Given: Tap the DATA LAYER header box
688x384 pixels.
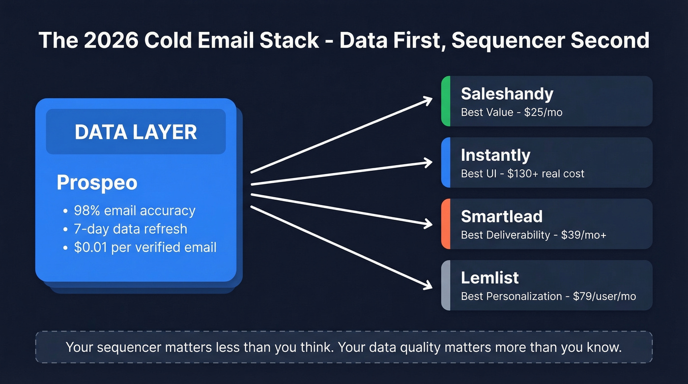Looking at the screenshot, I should coord(136,132).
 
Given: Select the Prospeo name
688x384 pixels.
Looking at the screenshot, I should coord(97,182).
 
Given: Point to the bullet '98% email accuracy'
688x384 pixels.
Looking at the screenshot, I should coord(134,210).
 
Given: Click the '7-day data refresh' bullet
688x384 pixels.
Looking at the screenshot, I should coord(130,229).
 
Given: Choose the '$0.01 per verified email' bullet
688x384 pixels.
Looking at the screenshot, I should coord(145,247).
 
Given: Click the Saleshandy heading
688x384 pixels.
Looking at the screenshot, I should coord(507,94).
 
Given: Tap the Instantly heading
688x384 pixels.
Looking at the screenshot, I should coord(495,155).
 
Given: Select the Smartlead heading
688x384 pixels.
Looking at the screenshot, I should coord(501,216).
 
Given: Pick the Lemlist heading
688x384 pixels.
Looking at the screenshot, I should coord(489,278).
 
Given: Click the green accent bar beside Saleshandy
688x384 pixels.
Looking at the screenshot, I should coord(446,101).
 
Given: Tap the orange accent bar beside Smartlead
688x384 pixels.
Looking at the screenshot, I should coord(446,224).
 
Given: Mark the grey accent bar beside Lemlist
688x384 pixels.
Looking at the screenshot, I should coord(446,285).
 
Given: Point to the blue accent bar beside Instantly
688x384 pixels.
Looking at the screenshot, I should coord(446,162).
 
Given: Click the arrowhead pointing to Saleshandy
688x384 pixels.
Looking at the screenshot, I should coord(427,100).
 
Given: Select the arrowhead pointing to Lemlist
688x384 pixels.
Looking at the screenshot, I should coord(427,285).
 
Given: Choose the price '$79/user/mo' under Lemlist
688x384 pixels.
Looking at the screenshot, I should coord(604,296).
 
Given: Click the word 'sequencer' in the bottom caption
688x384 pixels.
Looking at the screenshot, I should coord(130,347).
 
